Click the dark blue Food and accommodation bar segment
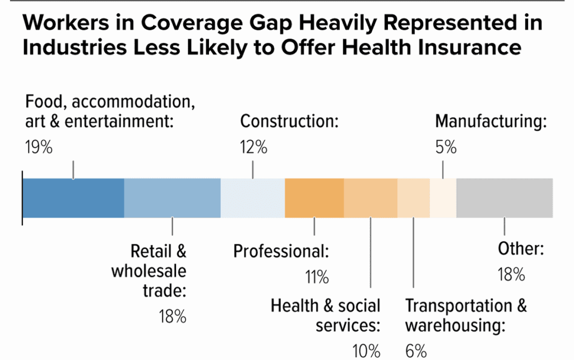point(73,198)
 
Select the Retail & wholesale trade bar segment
point(172,198)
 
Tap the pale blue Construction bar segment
point(253,198)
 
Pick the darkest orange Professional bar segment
point(314,198)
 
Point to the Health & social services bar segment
point(371,198)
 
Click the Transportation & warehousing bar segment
point(414,198)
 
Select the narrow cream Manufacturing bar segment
point(443,198)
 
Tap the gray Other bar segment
point(504,198)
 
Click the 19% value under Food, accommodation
point(39,148)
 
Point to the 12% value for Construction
point(254,148)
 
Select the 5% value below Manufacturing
point(446,148)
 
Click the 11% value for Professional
point(316,276)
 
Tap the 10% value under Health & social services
point(367,352)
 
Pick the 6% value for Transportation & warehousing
point(416,352)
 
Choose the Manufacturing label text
point(490,122)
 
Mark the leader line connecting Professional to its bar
point(314,227)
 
